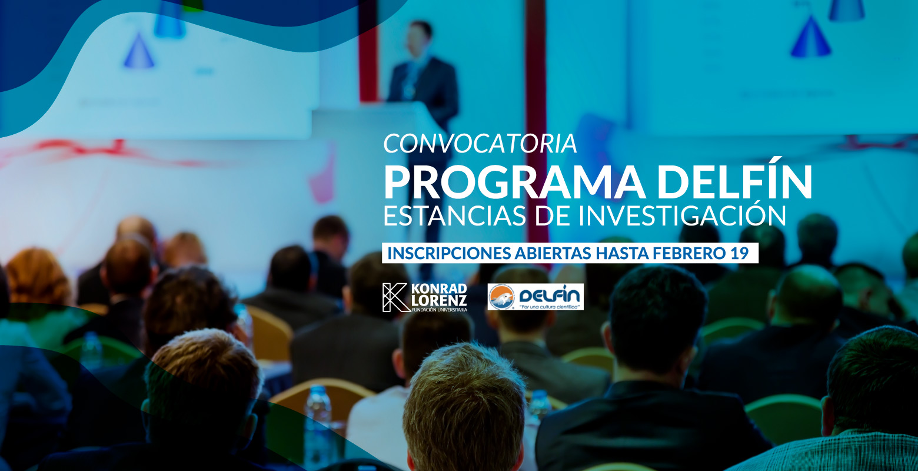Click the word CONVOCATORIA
(480, 144)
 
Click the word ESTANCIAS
(455, 215)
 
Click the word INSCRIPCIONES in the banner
(449, 253)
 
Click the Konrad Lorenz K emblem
(395, 297)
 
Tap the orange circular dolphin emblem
(501, 297)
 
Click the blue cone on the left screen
(139, 51)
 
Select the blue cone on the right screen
(810, 37)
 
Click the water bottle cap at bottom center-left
(318, 389)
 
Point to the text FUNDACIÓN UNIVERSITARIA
(440, 310)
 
